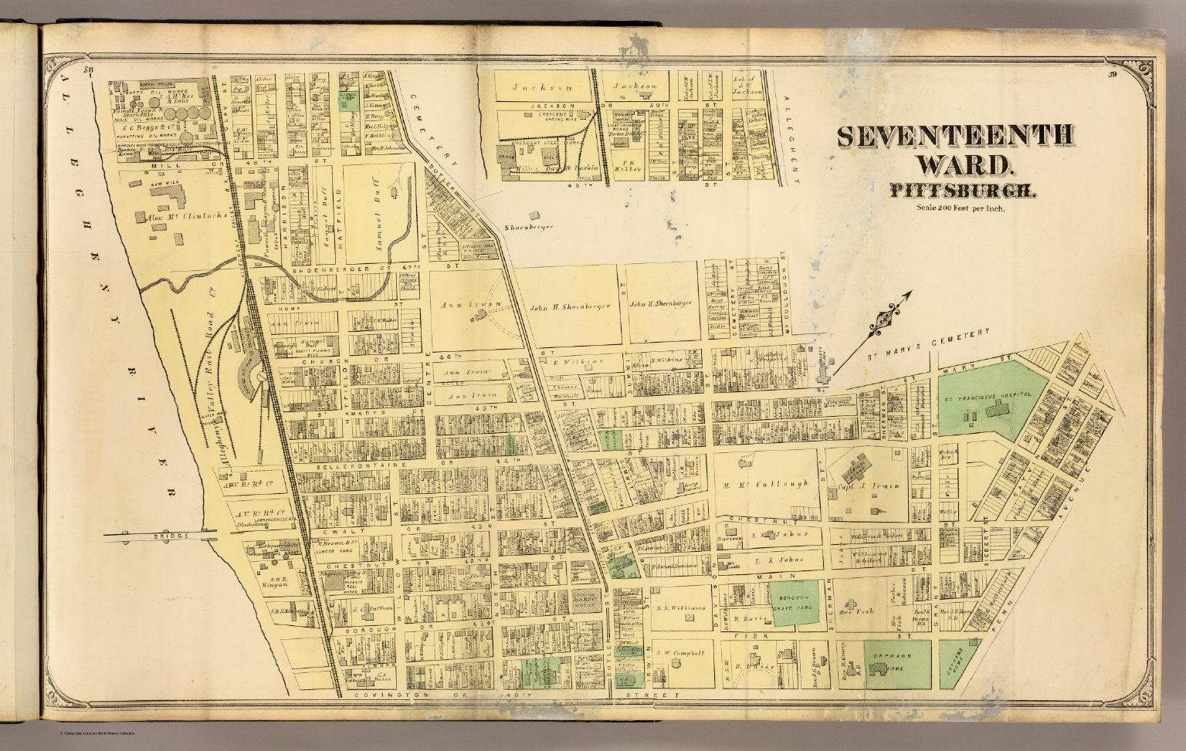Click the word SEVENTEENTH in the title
click(x=954, y=137)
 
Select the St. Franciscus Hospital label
click(x=986, y=395)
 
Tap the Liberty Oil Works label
click(x=149, y=93)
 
